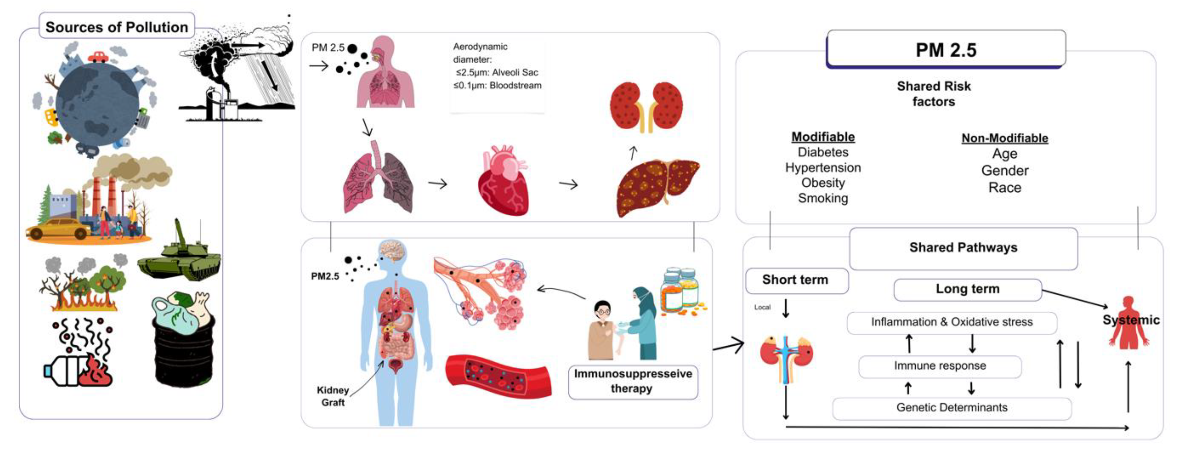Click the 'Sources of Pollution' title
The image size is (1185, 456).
[x=117, y=27]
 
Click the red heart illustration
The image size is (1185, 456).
[x=503, y=182]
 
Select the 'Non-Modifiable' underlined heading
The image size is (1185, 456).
[x=1005, y=138]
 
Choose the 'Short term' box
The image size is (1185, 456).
[x=795, y=280]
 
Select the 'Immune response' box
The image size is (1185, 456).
[x=940, y=366]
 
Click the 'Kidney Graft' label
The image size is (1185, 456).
[x=333, y=396]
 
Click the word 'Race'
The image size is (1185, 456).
[x=1005, y=188]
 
